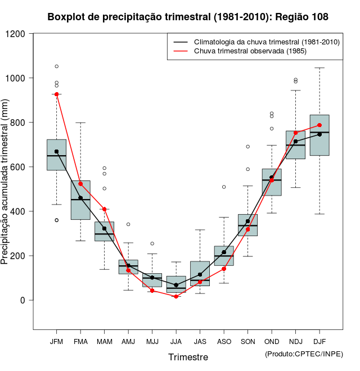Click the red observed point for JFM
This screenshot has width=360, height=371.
pyautogui.click(x=56, y=94)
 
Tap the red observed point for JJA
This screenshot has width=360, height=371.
pyautogui.click(x=176, y=296)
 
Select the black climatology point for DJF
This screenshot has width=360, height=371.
pyautogui.click(x=319, y=134)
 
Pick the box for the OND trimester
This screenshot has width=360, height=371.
pyautogui.click(x=272, y=182)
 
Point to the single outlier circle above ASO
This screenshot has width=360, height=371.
pyautogui.click(x=224, y=187)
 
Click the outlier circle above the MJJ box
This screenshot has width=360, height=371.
pyautogui.click(x=152, y=243)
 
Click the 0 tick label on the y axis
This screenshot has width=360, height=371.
pyautogui.click(x=22, y=300)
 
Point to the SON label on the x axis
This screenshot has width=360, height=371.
pyautogui.click(x=247, y=341)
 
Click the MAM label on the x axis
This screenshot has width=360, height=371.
pyautogui.click(x=104, y=341)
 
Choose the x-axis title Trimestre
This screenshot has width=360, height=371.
pyautogui.click(x=188, y=357)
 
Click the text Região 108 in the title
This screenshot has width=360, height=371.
pyautogui.click(x=301, y=17)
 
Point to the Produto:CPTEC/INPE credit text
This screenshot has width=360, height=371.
pyautogui.click(x=304, y=354)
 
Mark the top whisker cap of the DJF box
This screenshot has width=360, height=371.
pyautogui.click(x=319, y=68)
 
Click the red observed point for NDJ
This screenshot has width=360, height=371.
pyautogui.click(x=296, y=133)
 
